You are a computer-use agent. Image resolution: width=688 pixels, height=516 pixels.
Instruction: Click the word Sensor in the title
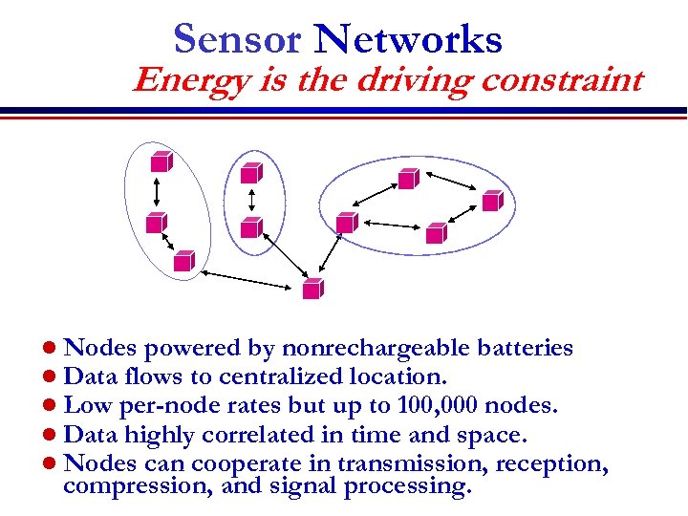click(x=237, y=39)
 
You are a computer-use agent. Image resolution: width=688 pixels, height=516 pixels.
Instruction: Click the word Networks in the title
click(x=408, y=39)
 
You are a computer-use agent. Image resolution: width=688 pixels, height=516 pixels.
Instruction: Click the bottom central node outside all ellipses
click(x=312, y=288)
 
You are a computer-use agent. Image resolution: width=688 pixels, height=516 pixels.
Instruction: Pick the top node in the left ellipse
click(x=160, y=161)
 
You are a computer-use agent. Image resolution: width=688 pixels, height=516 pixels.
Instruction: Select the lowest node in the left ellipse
click(x=183, y=260)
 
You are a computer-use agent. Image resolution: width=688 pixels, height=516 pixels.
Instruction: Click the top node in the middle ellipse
click(x=250, y=172)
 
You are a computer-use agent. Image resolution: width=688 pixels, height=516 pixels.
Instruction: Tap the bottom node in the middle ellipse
click(x=250, y=227)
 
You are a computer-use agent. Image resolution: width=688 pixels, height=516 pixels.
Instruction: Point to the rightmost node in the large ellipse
click(x=491, y=201)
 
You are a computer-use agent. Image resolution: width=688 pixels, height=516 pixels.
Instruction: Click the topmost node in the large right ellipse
click(x=408, y=178)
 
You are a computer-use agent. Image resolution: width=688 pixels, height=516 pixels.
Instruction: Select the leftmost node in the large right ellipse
click(x=346, y=223)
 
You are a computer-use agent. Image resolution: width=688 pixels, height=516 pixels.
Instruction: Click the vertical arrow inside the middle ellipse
click(x=250, y=200)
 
